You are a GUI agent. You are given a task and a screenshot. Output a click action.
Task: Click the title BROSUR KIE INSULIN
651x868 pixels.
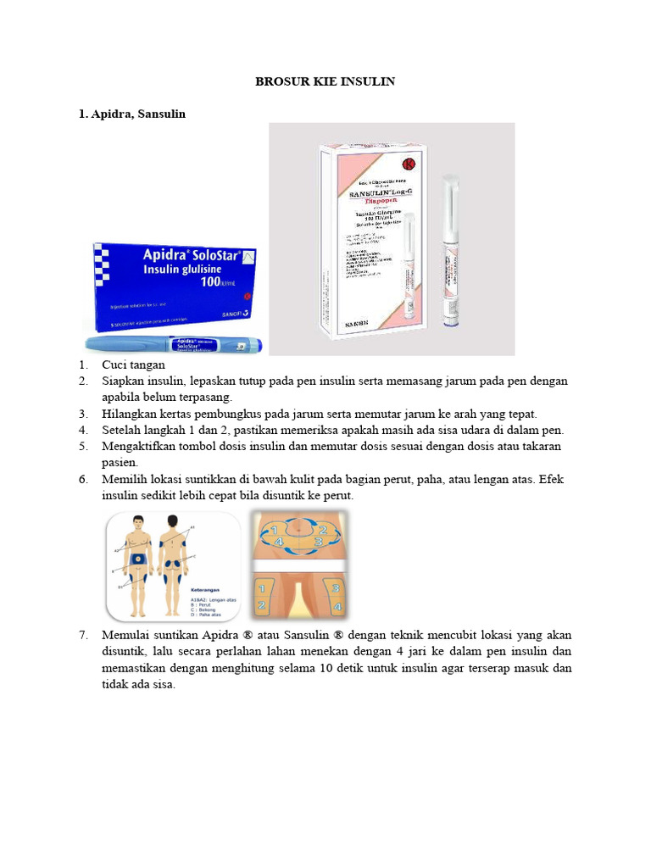click(325, 81)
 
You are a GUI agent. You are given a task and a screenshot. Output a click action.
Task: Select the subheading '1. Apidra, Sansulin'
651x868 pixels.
click(131, 114)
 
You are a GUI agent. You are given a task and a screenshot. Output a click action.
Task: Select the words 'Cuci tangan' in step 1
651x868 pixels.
click(134, 365)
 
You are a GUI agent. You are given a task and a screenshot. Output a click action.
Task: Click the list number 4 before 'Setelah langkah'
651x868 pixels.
click(84, 431)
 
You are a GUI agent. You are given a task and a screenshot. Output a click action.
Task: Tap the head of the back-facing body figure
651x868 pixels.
click(174, 521)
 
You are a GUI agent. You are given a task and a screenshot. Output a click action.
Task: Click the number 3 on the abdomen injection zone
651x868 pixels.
click(319, 541)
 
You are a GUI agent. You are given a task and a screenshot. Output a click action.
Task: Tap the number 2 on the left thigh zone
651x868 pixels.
click(262, 605)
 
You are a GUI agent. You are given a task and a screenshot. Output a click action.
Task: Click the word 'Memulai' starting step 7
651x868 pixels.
click(125, 635)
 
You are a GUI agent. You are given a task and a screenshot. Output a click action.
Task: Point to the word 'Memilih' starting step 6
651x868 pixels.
click(124, 480)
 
